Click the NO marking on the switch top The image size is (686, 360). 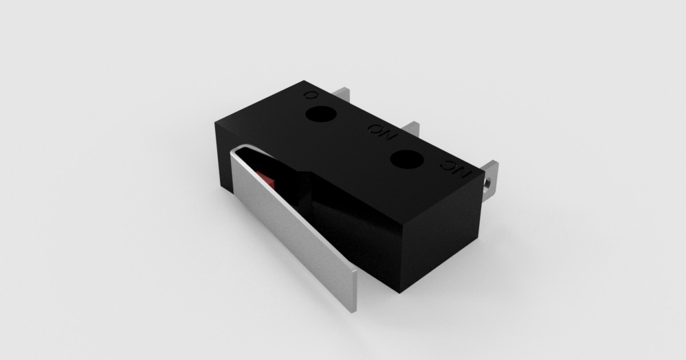click(x=381, y=133)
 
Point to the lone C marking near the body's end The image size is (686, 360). click(x=310, y=95)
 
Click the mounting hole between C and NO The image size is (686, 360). click(x=320, y=114)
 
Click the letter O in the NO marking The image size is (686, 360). click(x=375, y=130)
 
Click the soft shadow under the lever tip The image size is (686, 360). click(x=366, y=309)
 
